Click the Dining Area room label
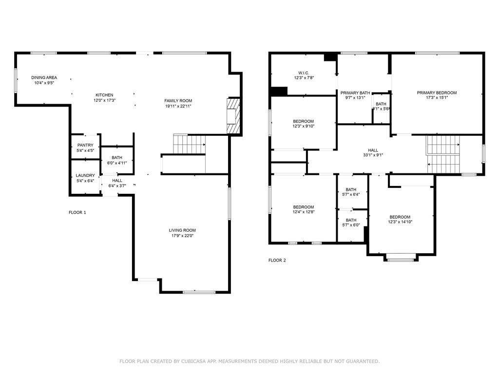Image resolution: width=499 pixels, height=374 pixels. coord(44,77)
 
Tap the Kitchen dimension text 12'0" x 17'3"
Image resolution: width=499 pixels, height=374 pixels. coord(104,100)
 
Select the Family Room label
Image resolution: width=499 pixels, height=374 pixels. coord(178,101)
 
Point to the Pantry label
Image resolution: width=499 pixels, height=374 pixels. coord(85,145)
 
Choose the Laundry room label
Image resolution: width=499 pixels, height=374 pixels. coord(85,175)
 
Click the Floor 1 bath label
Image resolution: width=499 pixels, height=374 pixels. coord(117,157)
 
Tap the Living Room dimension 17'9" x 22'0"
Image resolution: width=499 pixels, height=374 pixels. coord(182,236)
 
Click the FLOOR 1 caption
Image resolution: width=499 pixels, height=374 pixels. coord(77,212)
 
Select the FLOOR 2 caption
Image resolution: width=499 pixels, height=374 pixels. coord(277,260)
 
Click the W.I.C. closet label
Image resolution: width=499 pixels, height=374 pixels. coord(304,73)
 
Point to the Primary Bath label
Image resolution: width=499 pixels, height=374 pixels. coord(355,93)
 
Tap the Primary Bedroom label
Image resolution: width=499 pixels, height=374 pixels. coord(437,93)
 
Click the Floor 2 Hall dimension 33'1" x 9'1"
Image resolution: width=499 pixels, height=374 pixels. coord(373,155)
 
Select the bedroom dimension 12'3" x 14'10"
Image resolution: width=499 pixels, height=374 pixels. coord(400,222)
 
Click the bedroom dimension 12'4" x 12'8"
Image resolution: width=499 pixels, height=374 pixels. coord(304,212)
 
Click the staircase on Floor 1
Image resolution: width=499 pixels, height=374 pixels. coord(190,144)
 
